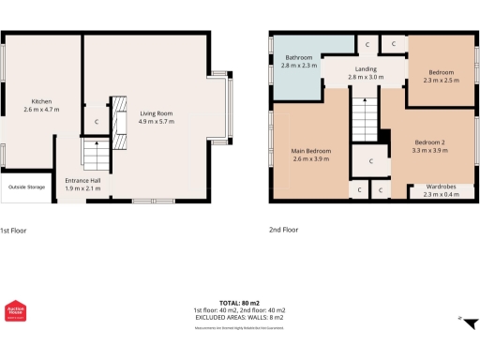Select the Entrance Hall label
pyautogui.click(x=83, y=179)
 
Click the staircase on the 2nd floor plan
pyautogui.click(x=364, y=118)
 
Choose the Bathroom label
pyautogui.click(x=300, y=58)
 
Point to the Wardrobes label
pyautogui.click(x=441, y=187)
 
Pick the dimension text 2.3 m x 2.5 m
pyautogui.click(x=441, y=82)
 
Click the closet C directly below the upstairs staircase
pyautogui.click(x=371, y=161)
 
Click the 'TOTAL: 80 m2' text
pyautogui.click(x=239, y=303)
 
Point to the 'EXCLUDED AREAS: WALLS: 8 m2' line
pyautogui.click(x=239, y=317)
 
